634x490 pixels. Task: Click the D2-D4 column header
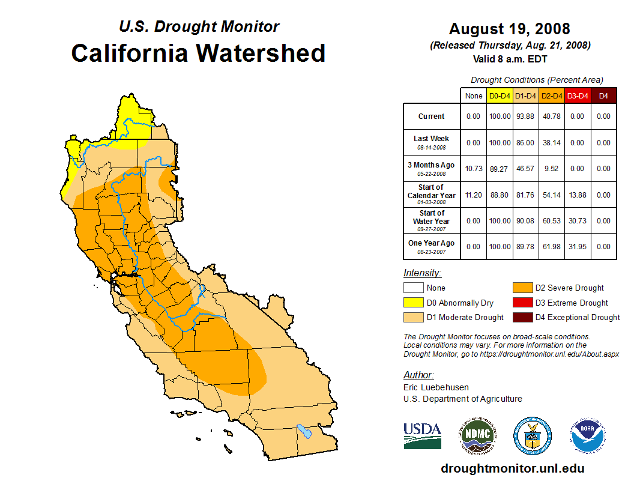(552, 95)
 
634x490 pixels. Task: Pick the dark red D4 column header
(603, 95)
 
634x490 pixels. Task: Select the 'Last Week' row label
(432, 142)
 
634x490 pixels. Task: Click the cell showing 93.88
(526, 116)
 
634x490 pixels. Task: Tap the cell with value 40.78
(552, 116)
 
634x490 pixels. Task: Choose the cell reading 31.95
(578, 246)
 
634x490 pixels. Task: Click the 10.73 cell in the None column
(474, 169)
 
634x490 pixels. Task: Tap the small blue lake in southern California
(305, 431)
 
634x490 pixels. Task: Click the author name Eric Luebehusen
(436, 387)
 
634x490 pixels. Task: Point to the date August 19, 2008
(510, 29)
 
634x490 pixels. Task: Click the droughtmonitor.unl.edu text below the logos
(512, 468)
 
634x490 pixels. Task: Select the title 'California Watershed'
(198, 53)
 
